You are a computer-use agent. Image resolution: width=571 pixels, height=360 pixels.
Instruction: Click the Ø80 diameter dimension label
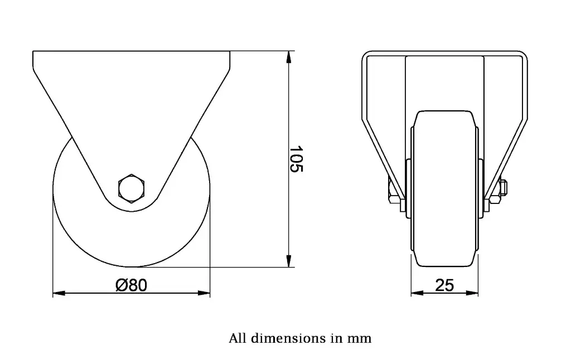point(131,285)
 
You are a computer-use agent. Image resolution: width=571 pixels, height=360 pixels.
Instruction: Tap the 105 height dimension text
point(296,159)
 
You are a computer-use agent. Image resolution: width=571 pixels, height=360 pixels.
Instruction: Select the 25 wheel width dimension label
point(444,285)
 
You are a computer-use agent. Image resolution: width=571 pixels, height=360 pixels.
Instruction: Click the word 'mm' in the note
point(359,338)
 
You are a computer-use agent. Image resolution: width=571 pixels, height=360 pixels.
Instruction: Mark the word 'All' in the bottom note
point(238,338)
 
